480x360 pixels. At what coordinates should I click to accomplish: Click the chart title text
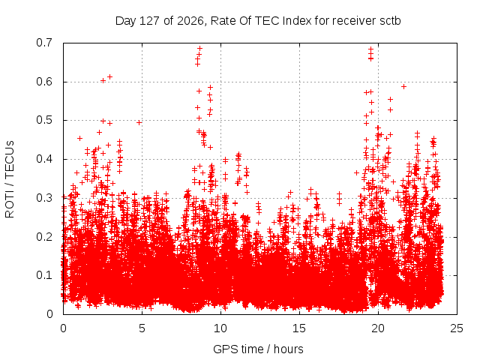click(x=258, y=21)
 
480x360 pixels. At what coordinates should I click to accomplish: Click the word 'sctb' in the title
click(x=390, y=21)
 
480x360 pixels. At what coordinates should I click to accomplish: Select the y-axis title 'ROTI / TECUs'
click(x=10, y=179)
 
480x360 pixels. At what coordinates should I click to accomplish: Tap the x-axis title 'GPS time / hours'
click(x=258, y=349)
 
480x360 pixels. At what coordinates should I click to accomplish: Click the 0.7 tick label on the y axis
click(x=44, y=43)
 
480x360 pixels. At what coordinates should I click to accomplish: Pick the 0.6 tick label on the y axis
click(x=44, y=82)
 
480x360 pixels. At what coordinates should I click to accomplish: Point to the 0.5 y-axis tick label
click(x=44, y=120)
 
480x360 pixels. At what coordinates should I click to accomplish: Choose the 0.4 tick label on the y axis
click(x=44, y=159)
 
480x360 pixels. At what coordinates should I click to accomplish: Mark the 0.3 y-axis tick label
click(x=44, y=198)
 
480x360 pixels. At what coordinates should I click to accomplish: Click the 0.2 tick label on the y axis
click(x=44, y=237)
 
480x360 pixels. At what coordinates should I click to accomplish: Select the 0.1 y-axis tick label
click(x=44, y=275)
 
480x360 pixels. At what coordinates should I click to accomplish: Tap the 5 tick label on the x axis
click(x=142, y=328)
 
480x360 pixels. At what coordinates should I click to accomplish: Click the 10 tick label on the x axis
click(x=220, y=328)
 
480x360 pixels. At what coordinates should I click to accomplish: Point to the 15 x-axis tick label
click(x=299, y=328)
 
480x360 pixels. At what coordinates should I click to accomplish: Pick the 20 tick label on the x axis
click(x=378, y=328)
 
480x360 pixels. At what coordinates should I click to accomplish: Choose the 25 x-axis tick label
click(x=457, y=328)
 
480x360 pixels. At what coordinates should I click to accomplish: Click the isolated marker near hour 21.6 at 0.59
click(x=403, y=87)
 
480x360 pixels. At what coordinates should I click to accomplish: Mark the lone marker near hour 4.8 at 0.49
click(x=139, y=122)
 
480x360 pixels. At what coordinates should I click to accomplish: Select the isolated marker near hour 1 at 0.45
click(x=80, y=138)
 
